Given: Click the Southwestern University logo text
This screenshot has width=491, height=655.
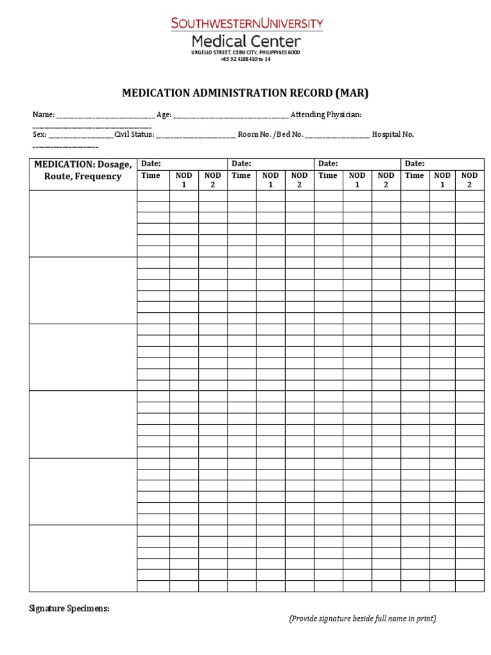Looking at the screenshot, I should pos(246,24).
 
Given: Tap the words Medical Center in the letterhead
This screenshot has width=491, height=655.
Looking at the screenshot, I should pos(246,40).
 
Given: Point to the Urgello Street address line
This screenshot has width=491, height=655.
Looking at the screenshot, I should pos(246,52).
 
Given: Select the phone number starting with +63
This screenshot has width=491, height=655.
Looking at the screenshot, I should pos(246,59).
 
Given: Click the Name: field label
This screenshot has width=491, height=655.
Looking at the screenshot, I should pos(44,114).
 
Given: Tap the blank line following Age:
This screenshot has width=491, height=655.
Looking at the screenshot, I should pos(231,116).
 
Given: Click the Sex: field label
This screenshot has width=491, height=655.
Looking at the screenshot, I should pos(40,134).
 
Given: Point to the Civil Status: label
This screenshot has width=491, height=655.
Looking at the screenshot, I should pos(134,134).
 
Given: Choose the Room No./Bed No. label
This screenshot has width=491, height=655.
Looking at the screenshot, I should pos(270,134).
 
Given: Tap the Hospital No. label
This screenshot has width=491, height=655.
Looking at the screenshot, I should pos(393,134).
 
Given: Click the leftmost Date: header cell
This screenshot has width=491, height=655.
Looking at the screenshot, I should pos(182,164).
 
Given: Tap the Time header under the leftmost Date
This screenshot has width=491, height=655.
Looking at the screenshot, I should pos(151,175).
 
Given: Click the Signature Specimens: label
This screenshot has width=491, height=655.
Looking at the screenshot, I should pos(69,608).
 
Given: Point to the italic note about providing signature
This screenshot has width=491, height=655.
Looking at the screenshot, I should pos(362,619).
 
